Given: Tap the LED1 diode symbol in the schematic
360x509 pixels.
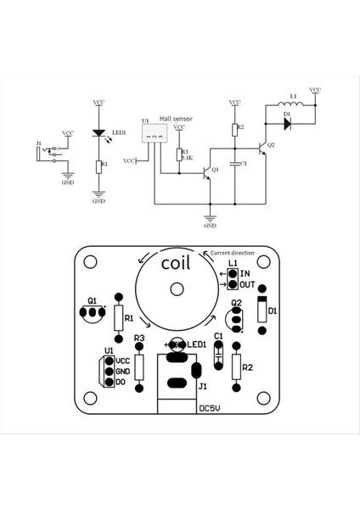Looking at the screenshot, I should [x=98, y=133].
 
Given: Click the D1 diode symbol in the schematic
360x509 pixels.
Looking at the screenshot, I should [x=286, y=124].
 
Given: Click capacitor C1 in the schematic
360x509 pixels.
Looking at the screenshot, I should [x=234, y=163].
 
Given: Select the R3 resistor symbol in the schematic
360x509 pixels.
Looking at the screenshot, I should [x=180, y=154].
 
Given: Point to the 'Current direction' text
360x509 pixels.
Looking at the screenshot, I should [x=233, y=253].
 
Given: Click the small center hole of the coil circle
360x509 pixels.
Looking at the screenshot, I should [x=177, y=289].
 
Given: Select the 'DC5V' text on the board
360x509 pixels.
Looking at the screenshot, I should [x=211, y=408].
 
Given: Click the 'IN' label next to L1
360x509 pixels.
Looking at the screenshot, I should [x=245, y=273].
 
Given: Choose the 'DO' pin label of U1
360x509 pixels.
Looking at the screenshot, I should [x=121, y=383].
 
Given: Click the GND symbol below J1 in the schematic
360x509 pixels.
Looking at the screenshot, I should [x=67, y=180].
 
